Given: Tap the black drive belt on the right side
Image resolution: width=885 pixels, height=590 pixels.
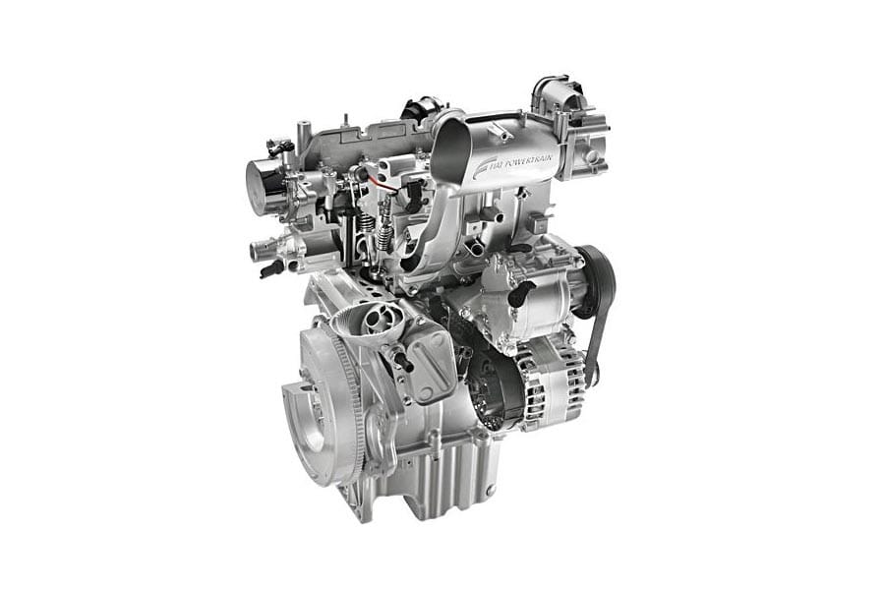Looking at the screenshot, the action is pyautogui.click(x=600, y=317).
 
